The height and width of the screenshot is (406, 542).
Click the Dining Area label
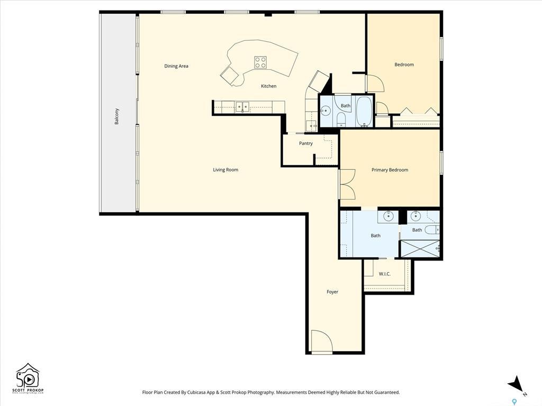(176, 66)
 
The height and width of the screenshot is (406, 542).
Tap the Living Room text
(225, 170)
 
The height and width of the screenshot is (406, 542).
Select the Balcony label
(117, 116)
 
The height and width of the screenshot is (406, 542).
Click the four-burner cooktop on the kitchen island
(260, 62)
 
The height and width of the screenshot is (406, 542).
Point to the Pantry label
(305, 143)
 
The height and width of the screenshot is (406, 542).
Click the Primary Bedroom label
(390, 170)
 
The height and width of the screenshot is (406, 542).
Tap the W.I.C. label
(384, 274)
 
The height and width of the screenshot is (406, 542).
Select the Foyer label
(332, 292)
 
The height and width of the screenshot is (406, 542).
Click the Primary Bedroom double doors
(347, 184)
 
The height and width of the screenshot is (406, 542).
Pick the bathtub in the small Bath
(364, 110)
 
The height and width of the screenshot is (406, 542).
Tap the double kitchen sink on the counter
(242, 107)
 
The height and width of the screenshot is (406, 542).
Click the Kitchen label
(268, 86)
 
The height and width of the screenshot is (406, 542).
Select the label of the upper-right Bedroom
(404, 64)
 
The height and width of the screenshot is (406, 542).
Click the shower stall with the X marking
(420, 248)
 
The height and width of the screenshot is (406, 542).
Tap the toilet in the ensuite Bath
(432, 229)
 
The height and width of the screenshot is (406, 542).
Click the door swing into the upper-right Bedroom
(375, 83)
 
